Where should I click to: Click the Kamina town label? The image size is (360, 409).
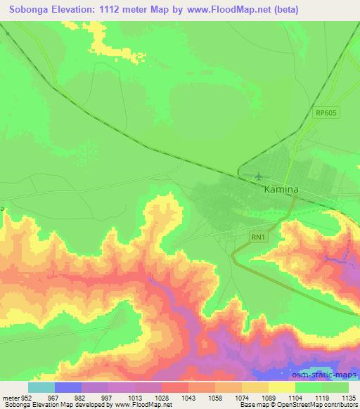point(281,190)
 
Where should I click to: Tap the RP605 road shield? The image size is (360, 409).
point(326,112)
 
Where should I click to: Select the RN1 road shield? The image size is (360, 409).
point(259,238)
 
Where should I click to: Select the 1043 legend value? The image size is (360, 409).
point(188,397)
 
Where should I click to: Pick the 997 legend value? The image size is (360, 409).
point(108,397)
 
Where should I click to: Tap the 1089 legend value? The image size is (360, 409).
point(269,397)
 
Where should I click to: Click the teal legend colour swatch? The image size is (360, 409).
point(41,387)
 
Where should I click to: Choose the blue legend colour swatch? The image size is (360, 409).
point(67,387)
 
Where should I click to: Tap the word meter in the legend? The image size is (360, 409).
point(11,397)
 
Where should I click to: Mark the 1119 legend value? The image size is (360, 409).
point(322,397)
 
